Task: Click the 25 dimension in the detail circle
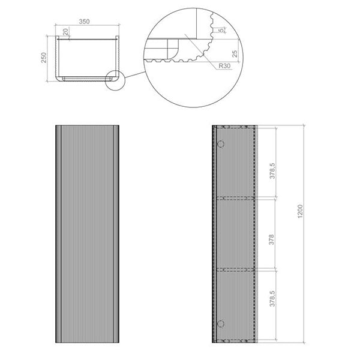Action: coord(235,55)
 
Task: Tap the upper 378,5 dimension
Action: coord(272,172)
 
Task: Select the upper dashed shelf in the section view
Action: coord(236,197)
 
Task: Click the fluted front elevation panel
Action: coord(86,234)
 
